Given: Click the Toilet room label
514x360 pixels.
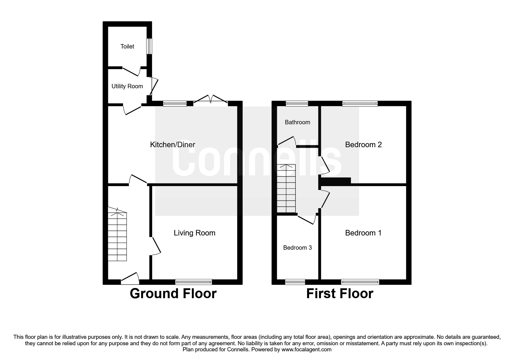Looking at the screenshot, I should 127,46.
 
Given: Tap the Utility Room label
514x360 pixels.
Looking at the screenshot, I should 127,86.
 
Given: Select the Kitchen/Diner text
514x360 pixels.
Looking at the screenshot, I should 172,145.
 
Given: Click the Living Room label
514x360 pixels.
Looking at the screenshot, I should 194,233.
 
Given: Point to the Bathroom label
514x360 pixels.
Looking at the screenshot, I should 297,122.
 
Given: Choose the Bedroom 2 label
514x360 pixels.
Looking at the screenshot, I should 363,145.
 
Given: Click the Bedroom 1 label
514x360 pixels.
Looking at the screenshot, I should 363,233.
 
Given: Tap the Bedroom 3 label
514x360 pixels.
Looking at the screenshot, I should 297,248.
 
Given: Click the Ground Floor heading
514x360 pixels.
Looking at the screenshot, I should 173,294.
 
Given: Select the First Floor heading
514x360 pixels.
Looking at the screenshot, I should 340,294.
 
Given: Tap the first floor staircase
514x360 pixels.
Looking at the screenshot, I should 286,189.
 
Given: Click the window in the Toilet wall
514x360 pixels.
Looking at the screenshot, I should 149,46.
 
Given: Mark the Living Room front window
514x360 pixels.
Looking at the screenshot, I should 194,282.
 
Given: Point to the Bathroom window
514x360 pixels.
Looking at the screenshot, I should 297,103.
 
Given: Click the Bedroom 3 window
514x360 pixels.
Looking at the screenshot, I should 295,282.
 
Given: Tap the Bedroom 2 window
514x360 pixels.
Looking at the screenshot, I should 360,103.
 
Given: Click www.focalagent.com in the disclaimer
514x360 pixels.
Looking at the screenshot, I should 306,350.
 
